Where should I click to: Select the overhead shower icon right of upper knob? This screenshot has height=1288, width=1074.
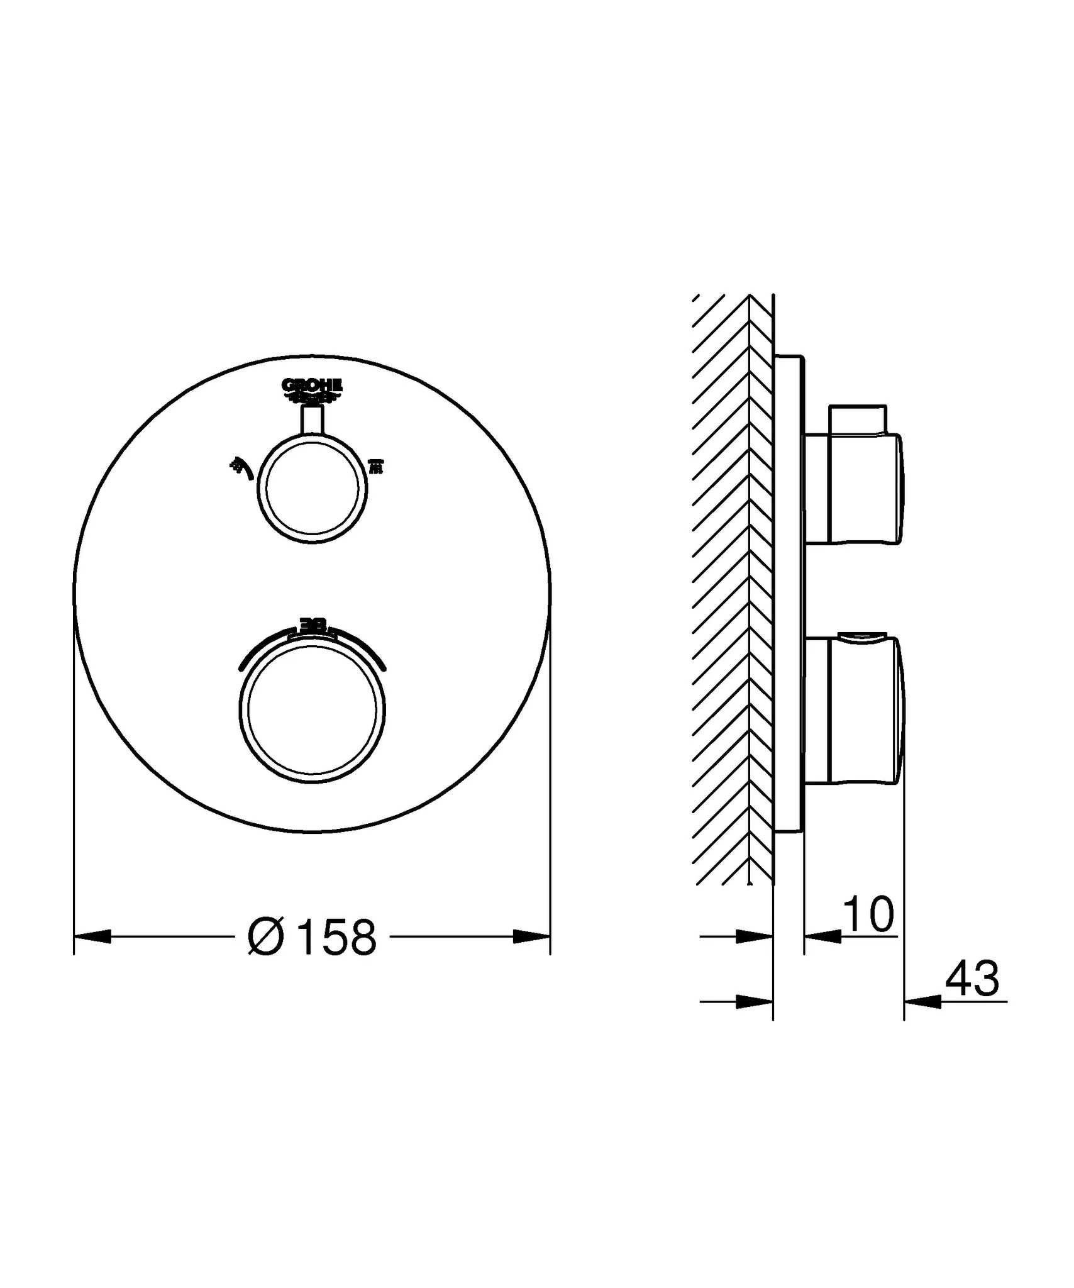pyautogui.click(x=375, y=467)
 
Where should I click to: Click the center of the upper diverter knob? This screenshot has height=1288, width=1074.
pyautogui.click(x=313, y=489)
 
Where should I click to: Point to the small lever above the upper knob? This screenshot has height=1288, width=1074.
pyautogui.click(x=313, y=420)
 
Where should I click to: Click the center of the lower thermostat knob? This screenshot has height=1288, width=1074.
pyautogui.click(x=313, y=709)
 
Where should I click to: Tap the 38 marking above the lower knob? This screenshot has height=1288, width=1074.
pyautogui.click(x=313, y=625)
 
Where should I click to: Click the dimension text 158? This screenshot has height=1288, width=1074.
pyautogui.click(x=337, y=938)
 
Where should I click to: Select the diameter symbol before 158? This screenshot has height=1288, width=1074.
pyautogui.click(x=267, y=938)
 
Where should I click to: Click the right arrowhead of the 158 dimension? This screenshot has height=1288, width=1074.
pyautogui.click(x=531, y=937)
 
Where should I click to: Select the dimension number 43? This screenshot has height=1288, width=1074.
pyautogui.click(x=972, y=979)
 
